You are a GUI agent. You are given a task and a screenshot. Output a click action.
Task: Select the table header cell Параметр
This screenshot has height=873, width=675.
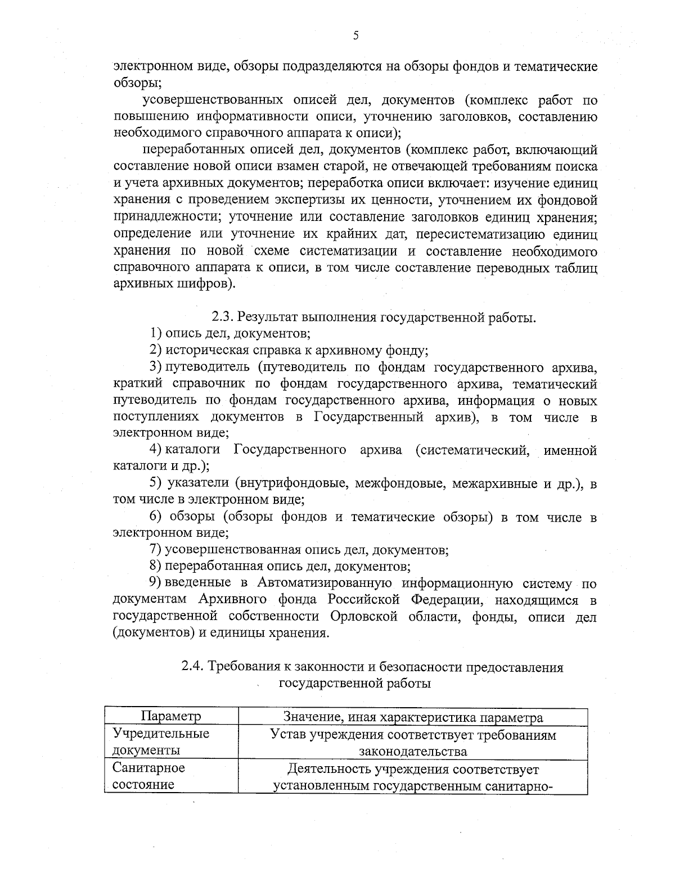(x=171, y=717)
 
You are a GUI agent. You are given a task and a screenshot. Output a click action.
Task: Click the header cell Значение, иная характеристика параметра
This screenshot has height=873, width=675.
(x=413, y=717)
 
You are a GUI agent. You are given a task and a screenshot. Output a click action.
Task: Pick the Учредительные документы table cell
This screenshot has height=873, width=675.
(x=161, y=742)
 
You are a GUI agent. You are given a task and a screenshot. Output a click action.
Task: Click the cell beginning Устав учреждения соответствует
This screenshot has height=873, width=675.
(x=413, y=743)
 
